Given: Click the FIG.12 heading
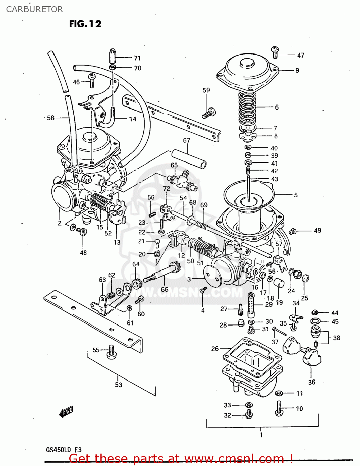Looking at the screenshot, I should click(x=85, y=24).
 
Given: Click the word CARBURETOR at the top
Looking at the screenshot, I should click(x=34, y=9).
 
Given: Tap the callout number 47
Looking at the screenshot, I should click(x=300, y=55).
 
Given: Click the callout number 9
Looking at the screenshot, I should click(x=297, y=71).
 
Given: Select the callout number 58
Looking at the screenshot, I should click(x=50, y=118).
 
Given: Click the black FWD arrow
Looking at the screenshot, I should click(x=66, y=412).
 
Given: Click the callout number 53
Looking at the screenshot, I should click(x=118, y=385).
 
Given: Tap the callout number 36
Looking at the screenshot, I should click(x=312, y=382).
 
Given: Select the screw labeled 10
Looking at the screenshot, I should click(x=279, y=408).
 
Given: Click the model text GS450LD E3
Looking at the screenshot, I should click(x=64, y=450).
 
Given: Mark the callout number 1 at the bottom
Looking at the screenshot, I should click(x=261, y=435).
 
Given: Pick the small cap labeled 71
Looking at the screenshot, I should click(x=113, y=56).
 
